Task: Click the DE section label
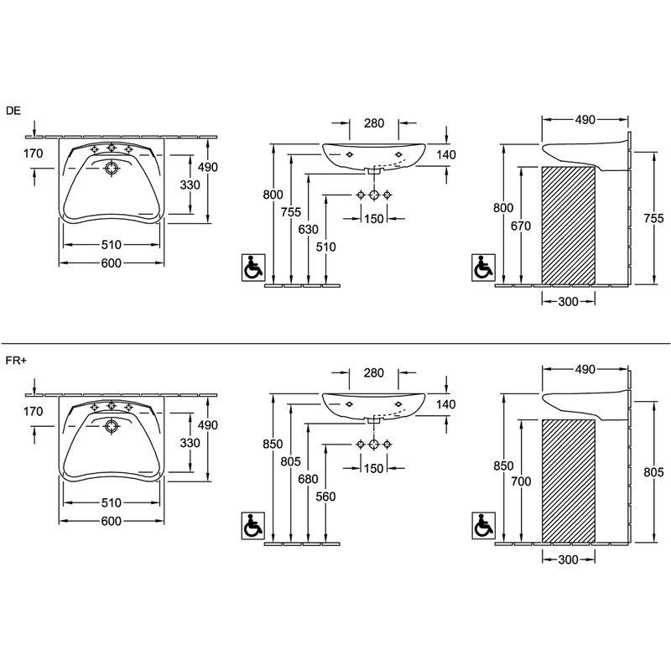[13, 111]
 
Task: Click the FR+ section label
[16, 361]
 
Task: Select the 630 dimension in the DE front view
[308, 229]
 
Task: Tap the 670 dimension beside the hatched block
[520, 226]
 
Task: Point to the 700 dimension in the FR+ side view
[520, 481]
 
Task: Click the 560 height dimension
[325, 497]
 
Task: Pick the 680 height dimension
[308, 479]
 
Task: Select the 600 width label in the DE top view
[112, 263]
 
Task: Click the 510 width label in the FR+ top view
[112, 502]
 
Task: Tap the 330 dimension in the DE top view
[190, 185]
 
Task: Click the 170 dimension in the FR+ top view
[33, 411]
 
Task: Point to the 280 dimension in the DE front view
[374, 123]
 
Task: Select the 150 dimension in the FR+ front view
[373, 468]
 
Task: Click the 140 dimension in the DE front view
[446, 154]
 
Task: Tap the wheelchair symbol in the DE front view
[253, 268]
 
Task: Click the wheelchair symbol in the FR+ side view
[484, 526]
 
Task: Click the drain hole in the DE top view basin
[112, 169]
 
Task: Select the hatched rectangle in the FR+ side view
[569, 481]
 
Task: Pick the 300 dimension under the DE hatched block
[569, 302]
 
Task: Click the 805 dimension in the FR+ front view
[290, 461]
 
